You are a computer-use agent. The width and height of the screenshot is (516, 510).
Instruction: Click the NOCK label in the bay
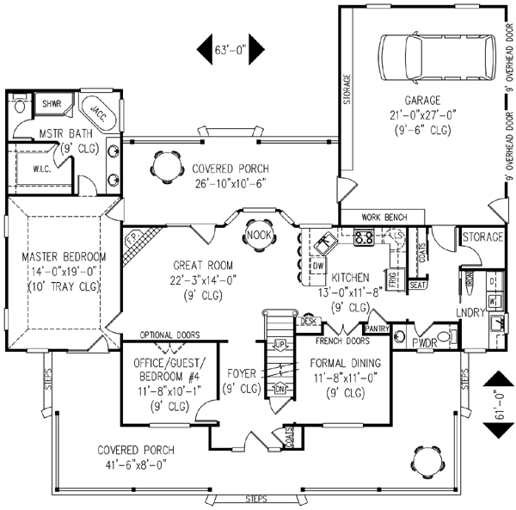pos(257,234)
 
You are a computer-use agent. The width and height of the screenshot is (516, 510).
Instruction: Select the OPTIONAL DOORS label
pos(169,335)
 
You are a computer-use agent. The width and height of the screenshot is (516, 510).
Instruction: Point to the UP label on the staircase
pos(279,343)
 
